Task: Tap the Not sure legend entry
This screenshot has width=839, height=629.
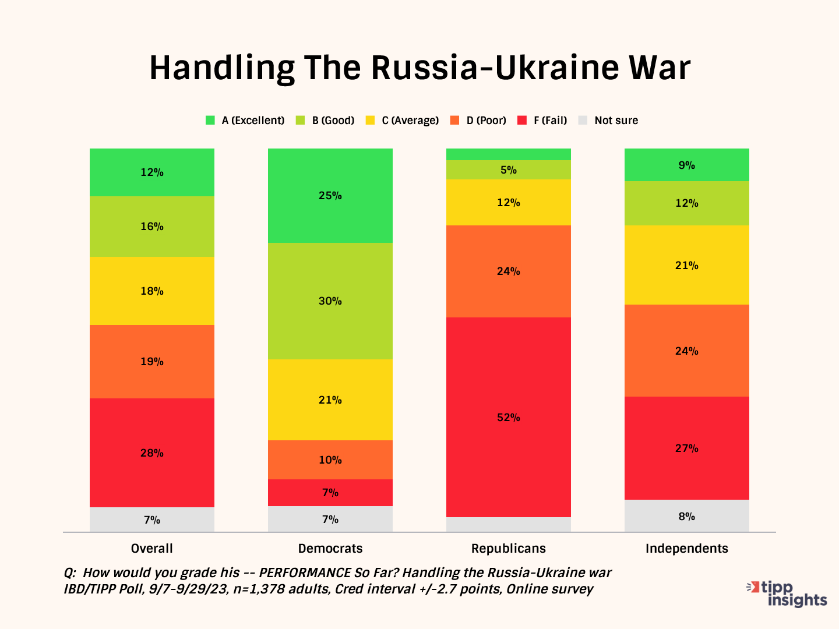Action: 609,121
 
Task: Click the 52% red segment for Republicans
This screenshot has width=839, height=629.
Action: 508,417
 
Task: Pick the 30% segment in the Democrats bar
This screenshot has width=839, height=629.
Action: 330,301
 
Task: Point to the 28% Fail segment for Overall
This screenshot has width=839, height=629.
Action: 151,453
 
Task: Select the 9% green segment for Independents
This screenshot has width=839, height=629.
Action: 686,165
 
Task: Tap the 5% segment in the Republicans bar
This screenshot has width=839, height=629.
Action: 508,169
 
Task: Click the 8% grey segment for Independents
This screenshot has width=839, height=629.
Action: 686,516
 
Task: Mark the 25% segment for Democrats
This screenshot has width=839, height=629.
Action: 330,195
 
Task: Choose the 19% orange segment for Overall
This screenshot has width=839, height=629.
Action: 151,361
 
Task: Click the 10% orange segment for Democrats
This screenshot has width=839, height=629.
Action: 330,460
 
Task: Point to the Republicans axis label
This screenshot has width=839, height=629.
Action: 508,549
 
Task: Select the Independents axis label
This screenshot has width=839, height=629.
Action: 686,549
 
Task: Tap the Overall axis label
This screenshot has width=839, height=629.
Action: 151,549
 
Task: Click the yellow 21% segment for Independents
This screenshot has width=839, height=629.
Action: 686,265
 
